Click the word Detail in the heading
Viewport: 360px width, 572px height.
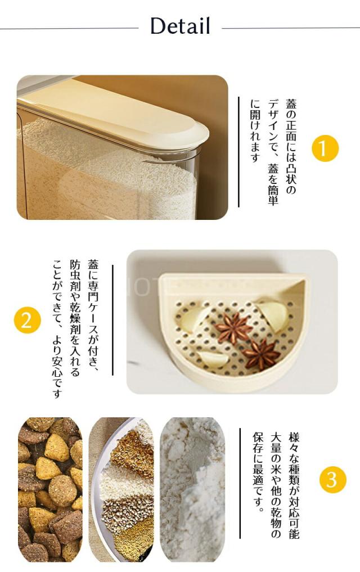(180, 26)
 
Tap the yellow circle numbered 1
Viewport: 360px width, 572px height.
(325, 148)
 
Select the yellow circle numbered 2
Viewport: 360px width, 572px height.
(28, 320)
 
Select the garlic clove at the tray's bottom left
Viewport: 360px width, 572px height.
(214, 360)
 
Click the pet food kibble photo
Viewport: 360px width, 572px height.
(50, 489)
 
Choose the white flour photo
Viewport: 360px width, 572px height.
(192, 489)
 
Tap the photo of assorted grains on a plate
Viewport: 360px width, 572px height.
(121, 489)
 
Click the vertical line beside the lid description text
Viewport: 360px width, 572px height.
(239, 152)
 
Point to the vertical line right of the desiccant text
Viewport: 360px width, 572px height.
(112, 320)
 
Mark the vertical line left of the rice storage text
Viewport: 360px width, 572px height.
(240, 483)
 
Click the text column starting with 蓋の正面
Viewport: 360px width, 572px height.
(291, 146)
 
